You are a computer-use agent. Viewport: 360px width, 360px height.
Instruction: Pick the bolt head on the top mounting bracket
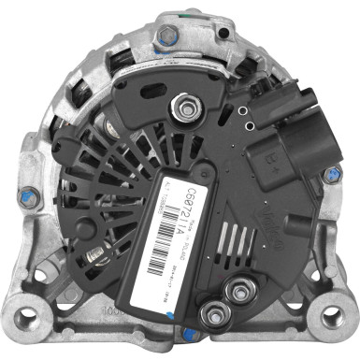(166, 37)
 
